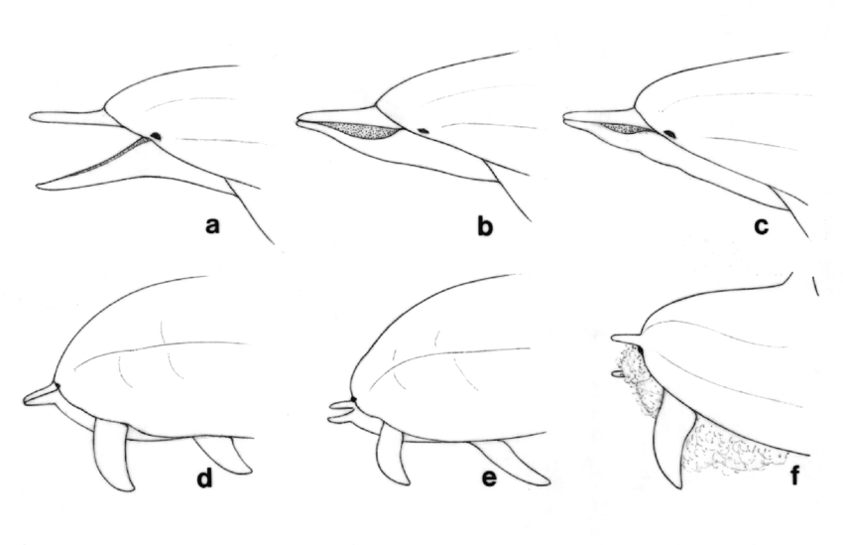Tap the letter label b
[485, 226]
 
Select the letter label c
[761, 226]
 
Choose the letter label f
[793, 480]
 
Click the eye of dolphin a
[157, 136]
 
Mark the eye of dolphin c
[670, 133]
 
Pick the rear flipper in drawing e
[521, 462]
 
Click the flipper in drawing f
[671, 447]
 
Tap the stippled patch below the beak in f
[635, 382]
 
